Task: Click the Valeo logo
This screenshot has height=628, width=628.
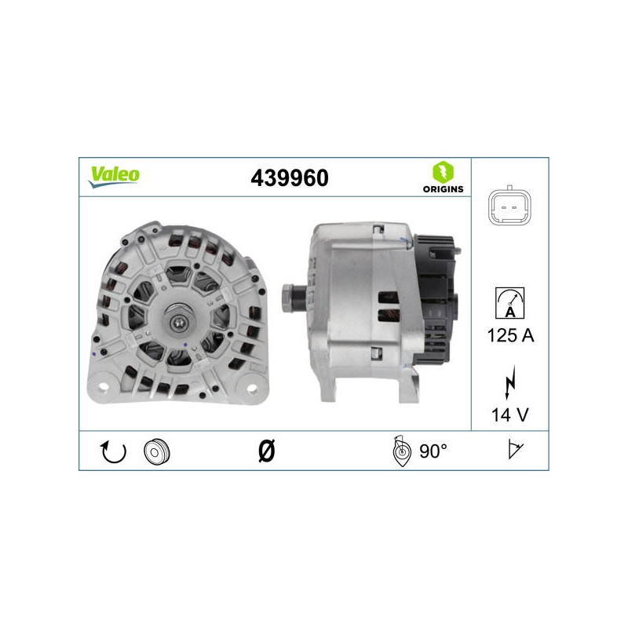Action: coord(114,177)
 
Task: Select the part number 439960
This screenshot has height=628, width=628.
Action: coord(289,178)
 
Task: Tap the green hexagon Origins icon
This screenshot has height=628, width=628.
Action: coord(443,172)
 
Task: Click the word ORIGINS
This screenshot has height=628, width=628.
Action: coord(443,189)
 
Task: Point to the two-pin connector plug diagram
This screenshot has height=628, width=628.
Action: coord(509,207)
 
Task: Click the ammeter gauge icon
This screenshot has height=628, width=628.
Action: coord(509,303)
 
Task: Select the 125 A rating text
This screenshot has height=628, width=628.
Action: coord(510,335)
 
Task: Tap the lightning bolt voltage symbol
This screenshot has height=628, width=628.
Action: coord(509,382)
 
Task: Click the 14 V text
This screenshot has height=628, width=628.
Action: coord(509,415)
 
